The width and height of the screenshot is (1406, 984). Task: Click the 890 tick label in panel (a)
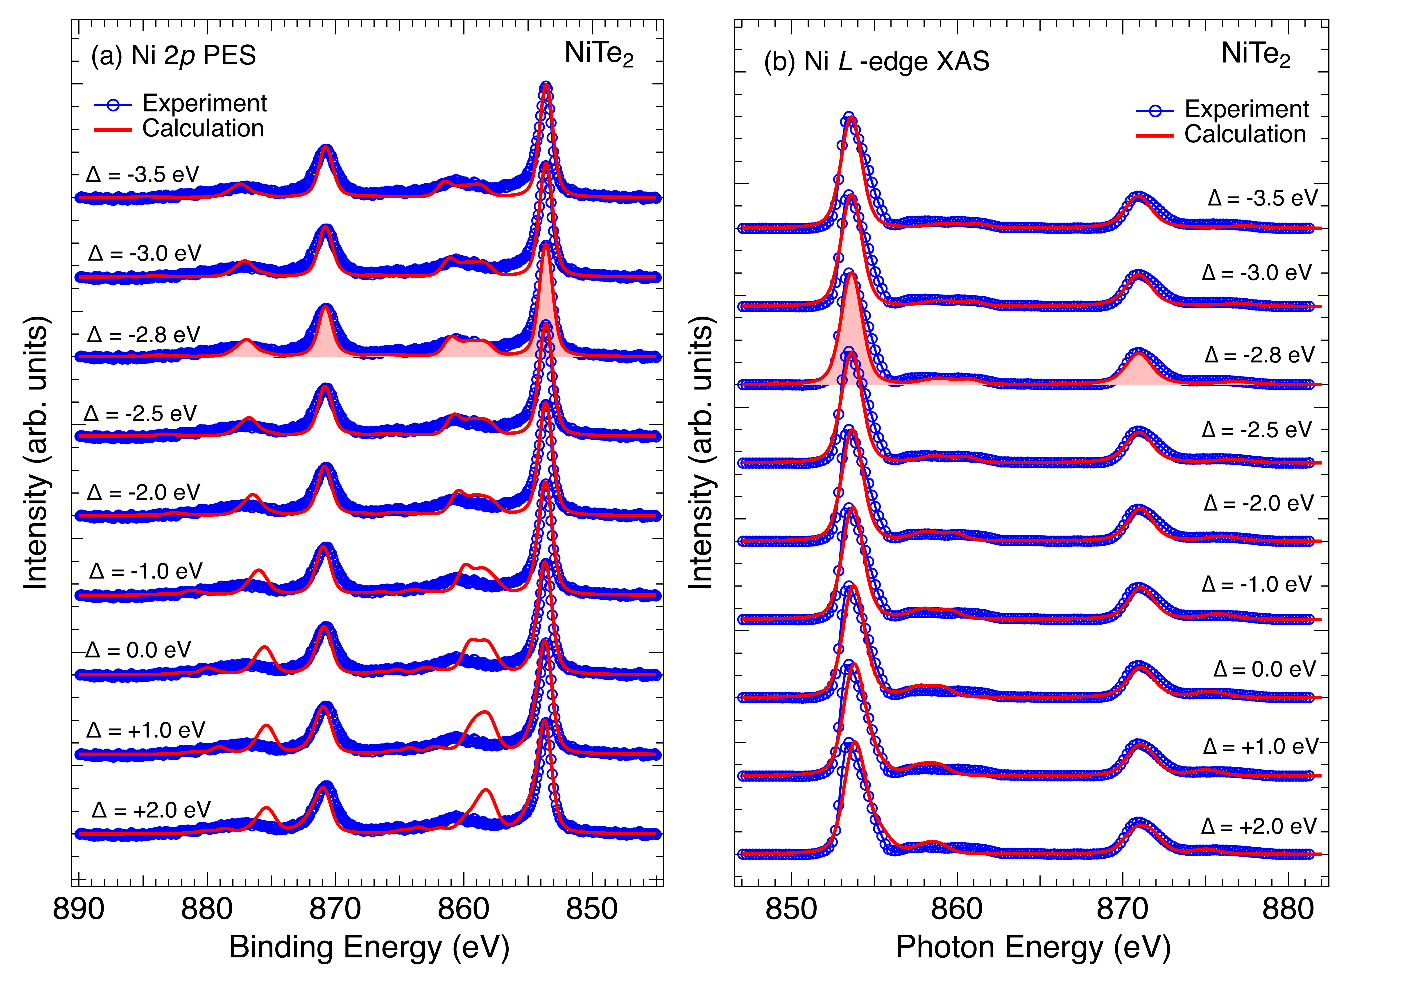pos(78,909)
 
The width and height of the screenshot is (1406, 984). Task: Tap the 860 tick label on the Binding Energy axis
pos(464,909)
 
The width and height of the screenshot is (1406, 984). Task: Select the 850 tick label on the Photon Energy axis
pos(791,909)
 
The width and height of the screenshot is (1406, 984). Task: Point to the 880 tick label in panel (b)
pos(1288,909)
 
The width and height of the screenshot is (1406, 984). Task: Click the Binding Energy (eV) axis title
pos(369,947)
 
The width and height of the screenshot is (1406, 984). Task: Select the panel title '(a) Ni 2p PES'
pos(173,56)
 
